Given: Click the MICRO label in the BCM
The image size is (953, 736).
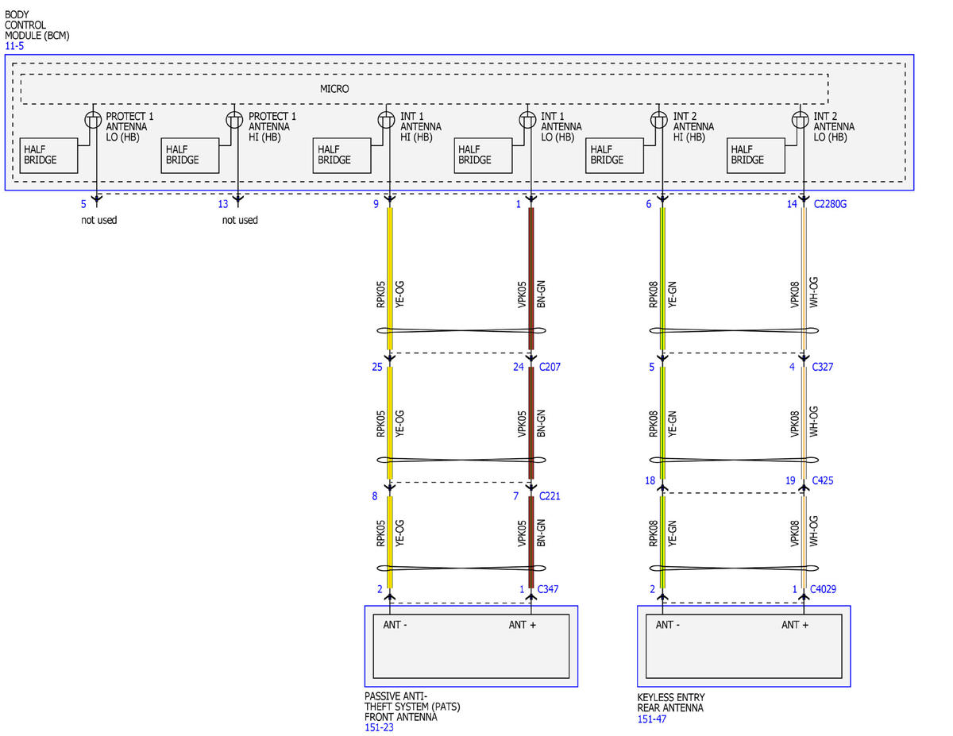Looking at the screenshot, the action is (x=334, y=89).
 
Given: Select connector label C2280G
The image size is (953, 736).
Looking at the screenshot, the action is (x=830, y=204).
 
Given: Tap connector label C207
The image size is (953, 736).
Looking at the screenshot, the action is (x=550, y=367).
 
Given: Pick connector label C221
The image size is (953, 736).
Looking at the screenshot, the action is (x=550, y=496).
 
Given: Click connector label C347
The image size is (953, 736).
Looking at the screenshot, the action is (x=548, y=589).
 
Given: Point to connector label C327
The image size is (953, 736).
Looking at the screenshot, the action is (x=822, y=367).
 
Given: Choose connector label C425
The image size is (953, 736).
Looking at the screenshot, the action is (x=822, y=480).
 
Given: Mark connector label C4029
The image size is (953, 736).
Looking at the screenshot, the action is (x=823, y=589).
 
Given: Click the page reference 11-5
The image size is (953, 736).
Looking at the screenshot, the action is (x=14, y=46).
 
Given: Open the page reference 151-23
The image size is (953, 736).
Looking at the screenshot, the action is (x=379, y=728).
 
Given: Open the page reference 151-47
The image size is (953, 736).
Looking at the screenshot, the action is (x=652, y=719).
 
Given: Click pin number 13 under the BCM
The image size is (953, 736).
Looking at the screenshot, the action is (x=223, y=204).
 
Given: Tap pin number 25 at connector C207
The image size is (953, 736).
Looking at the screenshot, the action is (x=377, y=367).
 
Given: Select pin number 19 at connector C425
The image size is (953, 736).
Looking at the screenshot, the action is (x=790, y=480).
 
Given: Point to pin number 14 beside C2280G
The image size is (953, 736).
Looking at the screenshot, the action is (x=792, y=204).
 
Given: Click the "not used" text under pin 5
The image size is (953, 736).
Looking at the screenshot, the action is (x=99, y=220).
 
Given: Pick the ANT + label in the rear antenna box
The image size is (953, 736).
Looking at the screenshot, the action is (x=795, y=625).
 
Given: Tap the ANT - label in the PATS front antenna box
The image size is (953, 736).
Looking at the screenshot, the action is (x=395, y=625).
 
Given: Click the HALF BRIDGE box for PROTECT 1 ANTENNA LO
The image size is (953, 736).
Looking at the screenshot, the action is (x=48, y=156).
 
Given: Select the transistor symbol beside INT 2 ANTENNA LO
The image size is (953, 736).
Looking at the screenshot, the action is (x=800, y=120).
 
